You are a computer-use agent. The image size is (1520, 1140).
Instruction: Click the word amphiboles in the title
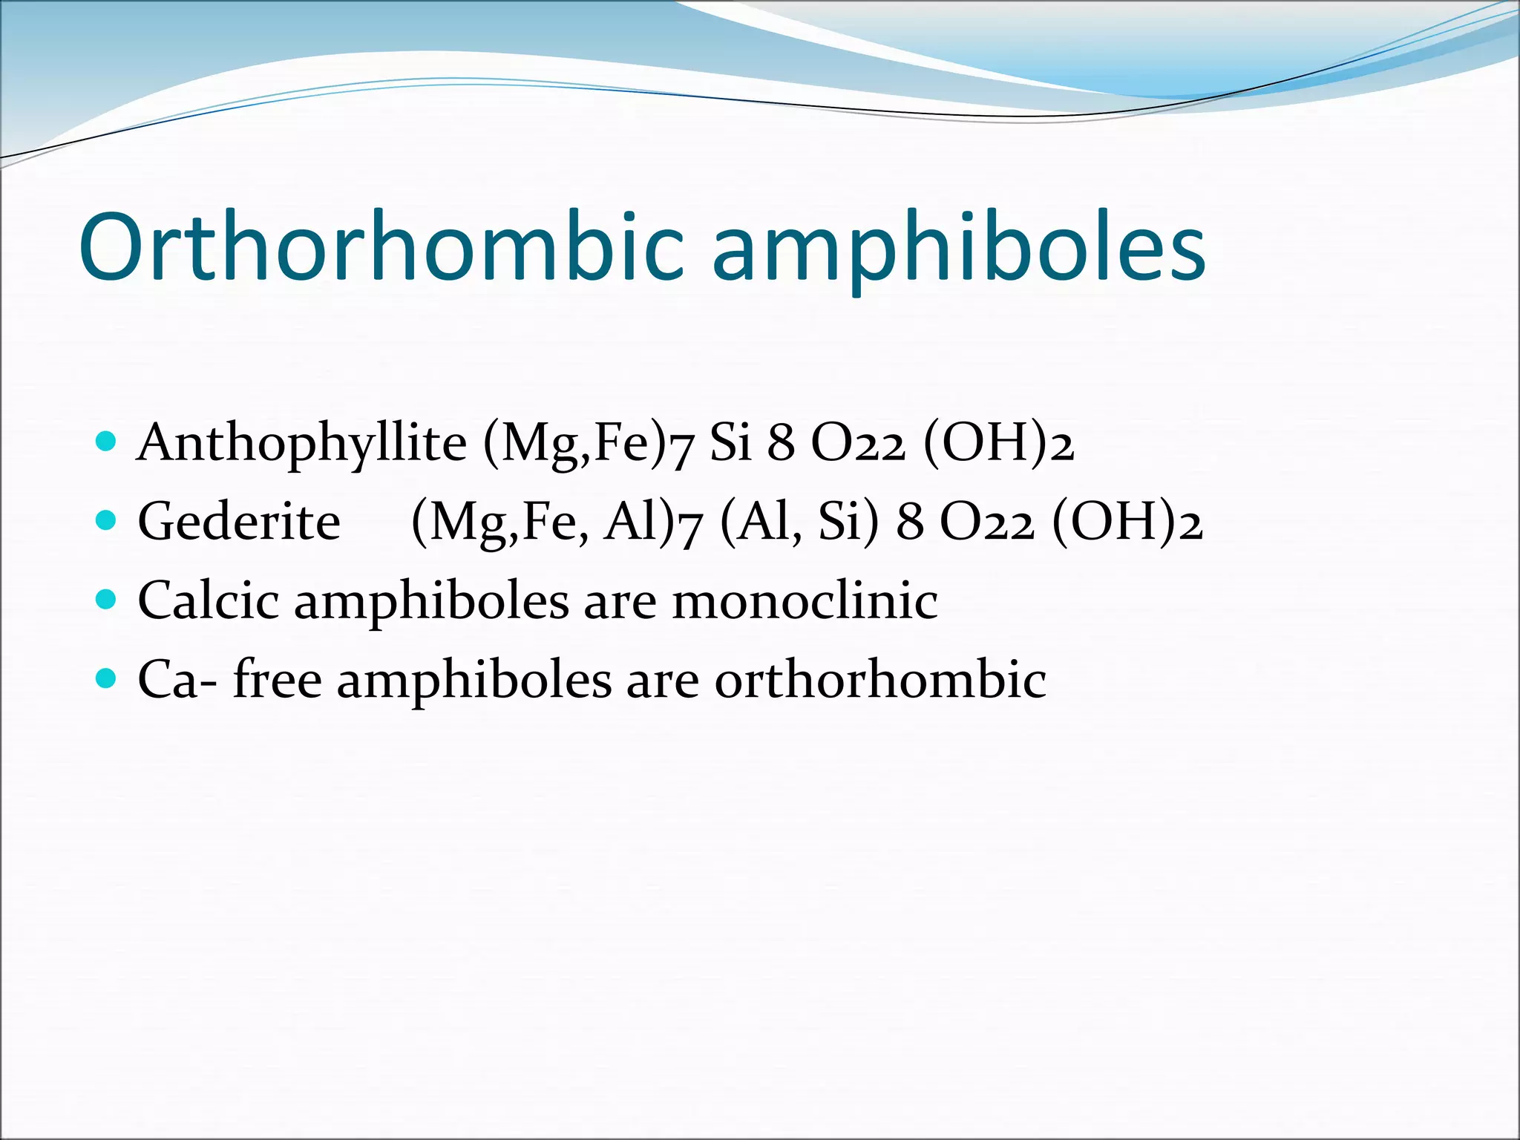958,249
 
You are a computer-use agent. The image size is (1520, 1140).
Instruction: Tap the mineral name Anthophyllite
301,444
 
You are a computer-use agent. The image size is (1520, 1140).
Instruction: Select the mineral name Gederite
239,522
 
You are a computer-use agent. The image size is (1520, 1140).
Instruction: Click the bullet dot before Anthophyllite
107,442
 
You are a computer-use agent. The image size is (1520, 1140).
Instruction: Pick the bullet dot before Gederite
107,520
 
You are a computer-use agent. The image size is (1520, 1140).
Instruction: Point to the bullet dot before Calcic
107,599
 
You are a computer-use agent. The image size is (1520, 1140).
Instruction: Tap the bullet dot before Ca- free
107,678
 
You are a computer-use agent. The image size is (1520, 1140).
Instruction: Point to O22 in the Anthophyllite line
858,444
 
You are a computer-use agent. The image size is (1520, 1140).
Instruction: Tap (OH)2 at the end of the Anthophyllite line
999,444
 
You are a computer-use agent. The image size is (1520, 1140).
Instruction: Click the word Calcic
209,600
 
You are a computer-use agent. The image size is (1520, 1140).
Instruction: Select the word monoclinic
805,600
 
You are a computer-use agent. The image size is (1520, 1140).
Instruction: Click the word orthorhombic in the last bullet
880,679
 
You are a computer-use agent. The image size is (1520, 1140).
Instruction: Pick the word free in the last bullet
278,678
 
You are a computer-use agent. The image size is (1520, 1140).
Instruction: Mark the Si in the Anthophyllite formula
730,443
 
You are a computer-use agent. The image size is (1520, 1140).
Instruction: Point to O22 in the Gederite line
986,522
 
